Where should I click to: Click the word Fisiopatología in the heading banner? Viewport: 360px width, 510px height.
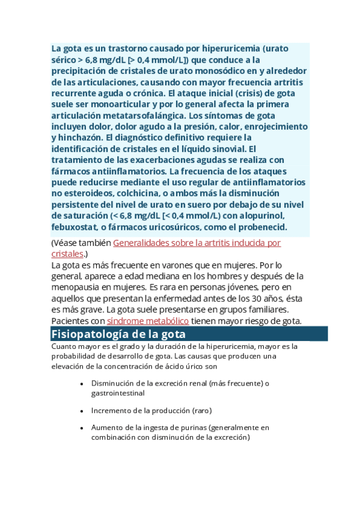(87, 334)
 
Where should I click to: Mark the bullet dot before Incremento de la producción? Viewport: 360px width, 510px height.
(81, 411)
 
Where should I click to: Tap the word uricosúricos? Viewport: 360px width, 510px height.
(154, 227)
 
